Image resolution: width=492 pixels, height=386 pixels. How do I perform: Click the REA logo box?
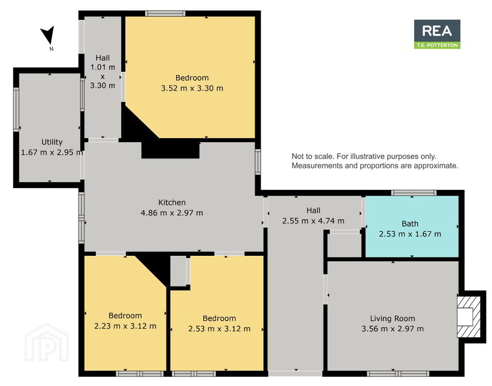437,34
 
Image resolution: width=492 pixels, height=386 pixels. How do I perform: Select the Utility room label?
52,142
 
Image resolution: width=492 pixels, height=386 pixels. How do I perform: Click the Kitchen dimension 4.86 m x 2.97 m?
172,213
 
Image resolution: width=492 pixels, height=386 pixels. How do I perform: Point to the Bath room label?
410,224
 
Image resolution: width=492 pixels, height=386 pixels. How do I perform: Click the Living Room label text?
393,319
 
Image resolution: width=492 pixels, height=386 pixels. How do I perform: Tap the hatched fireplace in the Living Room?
468,317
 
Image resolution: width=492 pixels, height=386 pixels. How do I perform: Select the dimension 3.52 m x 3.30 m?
192,88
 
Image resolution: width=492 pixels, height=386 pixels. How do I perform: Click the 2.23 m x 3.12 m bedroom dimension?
125,326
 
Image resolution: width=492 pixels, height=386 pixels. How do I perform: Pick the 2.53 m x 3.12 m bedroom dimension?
219,329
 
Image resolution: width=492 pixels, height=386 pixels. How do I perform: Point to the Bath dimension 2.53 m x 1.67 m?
410,234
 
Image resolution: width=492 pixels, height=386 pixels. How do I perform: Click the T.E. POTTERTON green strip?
437,45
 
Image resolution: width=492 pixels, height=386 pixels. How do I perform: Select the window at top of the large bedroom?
165,14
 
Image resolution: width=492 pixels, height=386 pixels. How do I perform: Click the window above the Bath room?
414,192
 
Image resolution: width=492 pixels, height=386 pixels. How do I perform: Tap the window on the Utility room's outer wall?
16,109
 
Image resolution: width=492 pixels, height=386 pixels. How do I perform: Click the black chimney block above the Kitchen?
170,150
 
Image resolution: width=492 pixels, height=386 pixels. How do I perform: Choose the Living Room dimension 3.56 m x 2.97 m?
393,329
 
